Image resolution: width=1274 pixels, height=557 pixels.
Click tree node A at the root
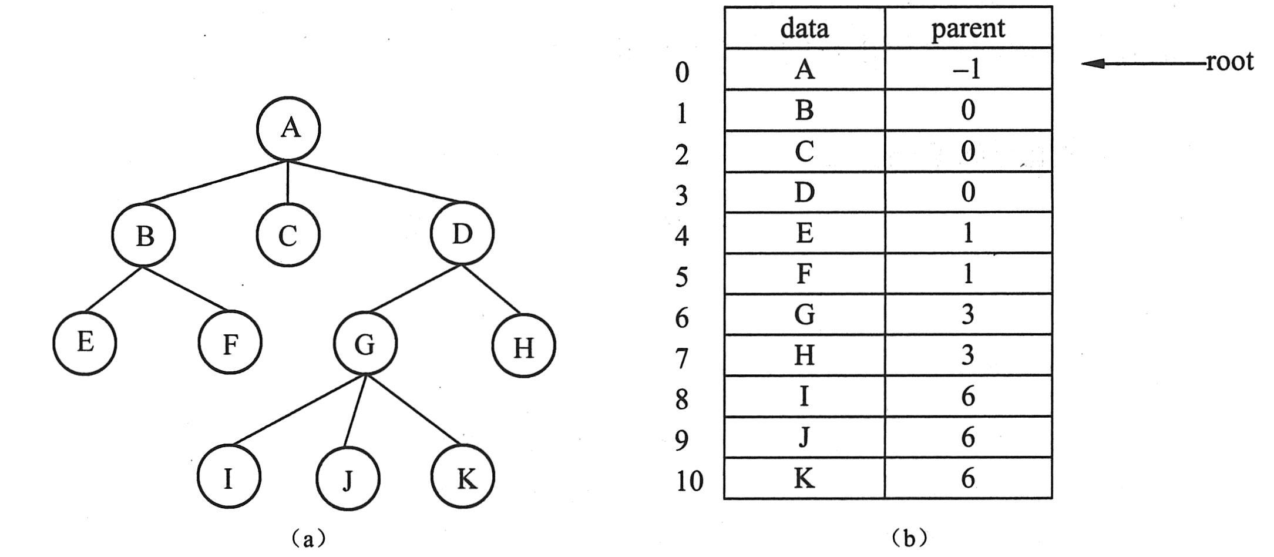(x=288, y=129)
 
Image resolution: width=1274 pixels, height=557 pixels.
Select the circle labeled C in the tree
(x=288, y=235)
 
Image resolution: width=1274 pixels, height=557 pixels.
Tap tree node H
(x=523, y=347)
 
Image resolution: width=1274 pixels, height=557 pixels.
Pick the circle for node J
(x=348, y=479)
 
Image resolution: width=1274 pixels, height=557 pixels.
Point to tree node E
(x=85, y=343)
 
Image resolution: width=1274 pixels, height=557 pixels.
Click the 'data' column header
(x=804, y=28)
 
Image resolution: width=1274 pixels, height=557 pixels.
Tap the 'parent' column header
(x=968, y=28)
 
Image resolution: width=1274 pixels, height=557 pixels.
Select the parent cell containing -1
(x=967, y=69)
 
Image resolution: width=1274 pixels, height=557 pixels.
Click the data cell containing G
(x=804, y=315)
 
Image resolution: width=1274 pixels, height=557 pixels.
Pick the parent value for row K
(x=968, y=478)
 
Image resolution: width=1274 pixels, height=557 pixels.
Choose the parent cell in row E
(x=968, y=233)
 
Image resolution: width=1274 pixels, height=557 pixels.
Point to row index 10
(x=689, y=481)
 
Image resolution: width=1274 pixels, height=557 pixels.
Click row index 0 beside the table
(x=681, y=72)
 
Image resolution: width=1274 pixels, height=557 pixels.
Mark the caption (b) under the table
(x=909, y=538)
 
